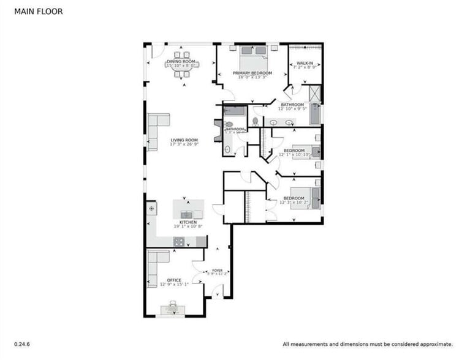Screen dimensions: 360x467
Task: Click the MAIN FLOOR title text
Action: coord(39,11)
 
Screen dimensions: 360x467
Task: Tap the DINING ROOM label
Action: coord(181,61)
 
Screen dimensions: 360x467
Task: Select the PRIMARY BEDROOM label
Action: coord(252,73)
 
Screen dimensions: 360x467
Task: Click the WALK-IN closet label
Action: coord(305,63)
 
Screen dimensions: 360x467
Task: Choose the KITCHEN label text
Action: coord(188,222)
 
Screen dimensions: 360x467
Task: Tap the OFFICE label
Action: coord(174,280)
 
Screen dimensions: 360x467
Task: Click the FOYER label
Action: coord(218,270)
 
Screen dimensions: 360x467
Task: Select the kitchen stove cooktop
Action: coord(178,242)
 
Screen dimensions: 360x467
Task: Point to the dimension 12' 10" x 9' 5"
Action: coord(292,110)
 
